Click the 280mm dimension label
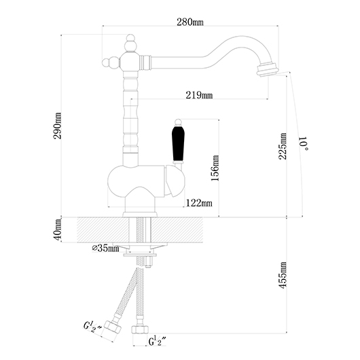(190, 22)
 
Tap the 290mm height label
(57, 126)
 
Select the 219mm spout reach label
(199, 95)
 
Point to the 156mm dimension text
(215, 168)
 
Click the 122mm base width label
(199, 203)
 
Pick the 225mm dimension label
(283, 146)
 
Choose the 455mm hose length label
(283, 275)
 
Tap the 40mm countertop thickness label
(57, 230)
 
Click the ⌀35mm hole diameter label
(105, 248)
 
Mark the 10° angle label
(304, 144)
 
